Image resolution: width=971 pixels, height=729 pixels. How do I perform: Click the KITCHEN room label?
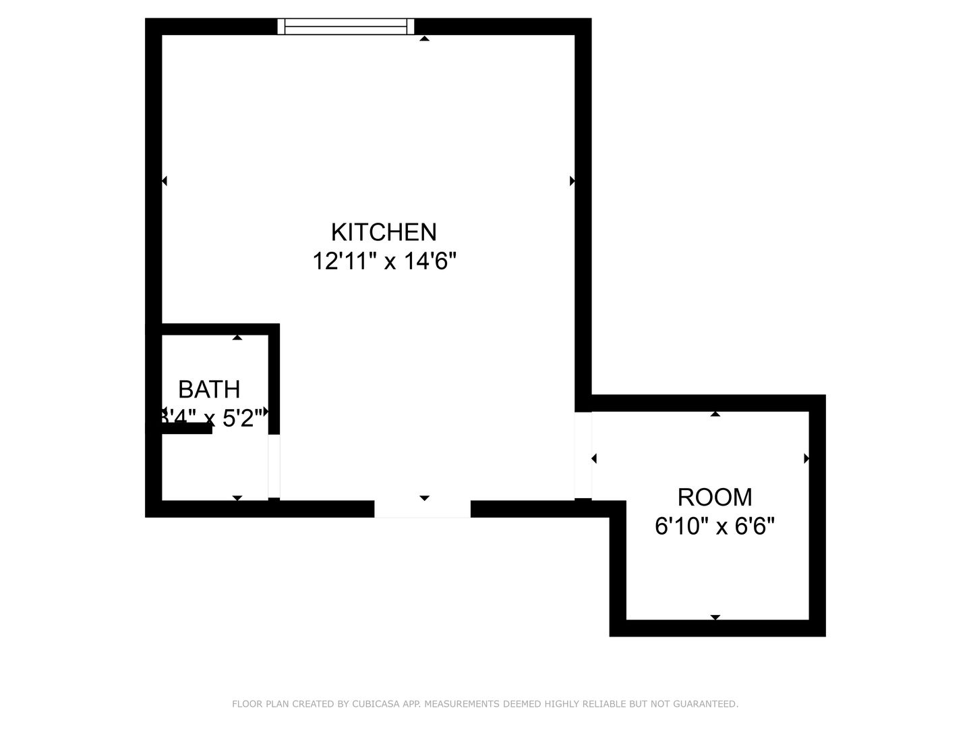coord(384,232)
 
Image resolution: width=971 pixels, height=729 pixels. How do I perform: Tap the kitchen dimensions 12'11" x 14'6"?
coord(384,261)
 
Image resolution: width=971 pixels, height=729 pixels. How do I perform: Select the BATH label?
coord(209,389)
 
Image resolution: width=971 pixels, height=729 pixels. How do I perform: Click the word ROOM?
coord(715,497)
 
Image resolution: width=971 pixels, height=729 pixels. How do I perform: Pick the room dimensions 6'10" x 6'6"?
coord(715,525)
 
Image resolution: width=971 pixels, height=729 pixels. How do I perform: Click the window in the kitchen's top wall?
coord(346,26)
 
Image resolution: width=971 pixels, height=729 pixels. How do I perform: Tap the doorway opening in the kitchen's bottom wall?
coord(422,509)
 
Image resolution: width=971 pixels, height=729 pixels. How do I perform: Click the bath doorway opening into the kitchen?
coord(274,466)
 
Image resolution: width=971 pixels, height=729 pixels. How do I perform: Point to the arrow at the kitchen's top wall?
coord(424,39)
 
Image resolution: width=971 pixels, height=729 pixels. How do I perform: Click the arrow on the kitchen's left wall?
coord(165,181)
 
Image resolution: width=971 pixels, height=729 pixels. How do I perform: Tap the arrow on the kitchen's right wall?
coord(572,181)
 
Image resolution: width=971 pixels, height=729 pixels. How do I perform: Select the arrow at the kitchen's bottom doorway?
coord(424,498)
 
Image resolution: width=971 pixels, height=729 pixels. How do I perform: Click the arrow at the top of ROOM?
coord(715,414)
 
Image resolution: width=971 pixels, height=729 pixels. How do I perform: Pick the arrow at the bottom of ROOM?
coord(715,617)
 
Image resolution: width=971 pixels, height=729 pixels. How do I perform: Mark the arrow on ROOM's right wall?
coord(806,459)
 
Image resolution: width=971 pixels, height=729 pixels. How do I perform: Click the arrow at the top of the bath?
coord(237,337)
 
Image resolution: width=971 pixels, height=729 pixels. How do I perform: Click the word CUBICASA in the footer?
coord(375,704)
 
